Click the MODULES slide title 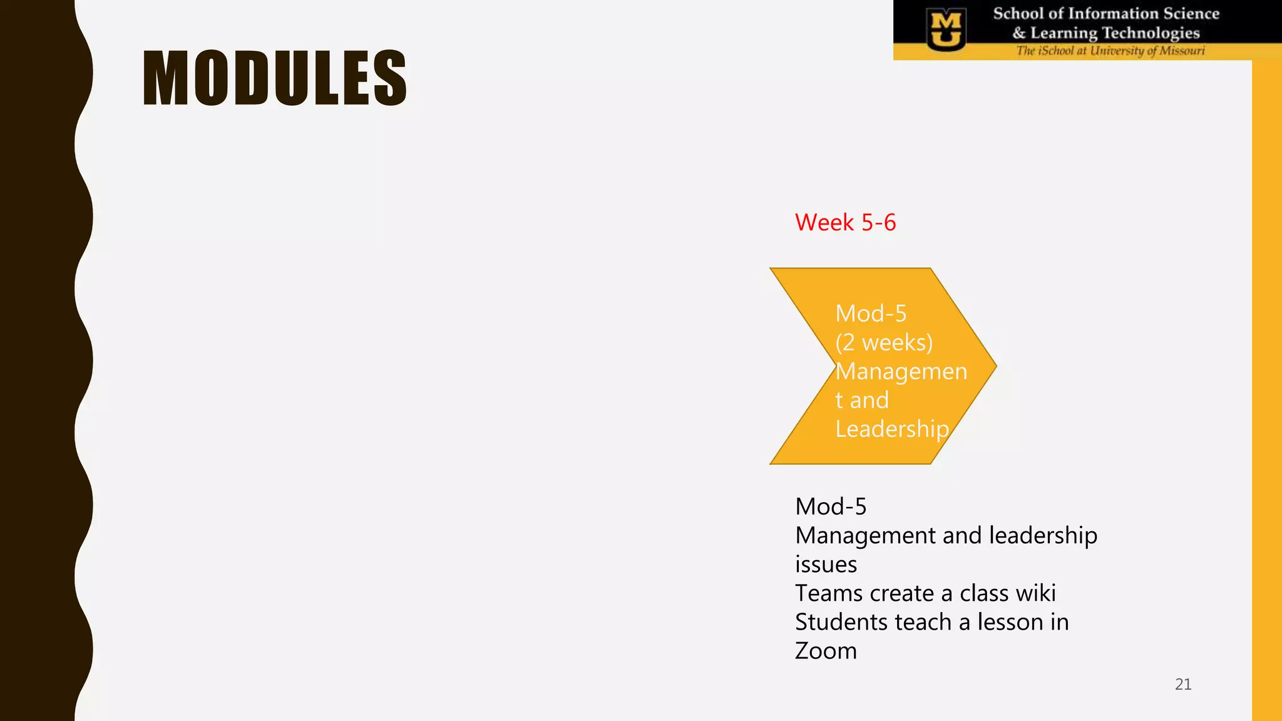coord(275,78)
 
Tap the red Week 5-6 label coord(845,223)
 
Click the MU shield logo coord(946,29)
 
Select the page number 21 coord(1183,684)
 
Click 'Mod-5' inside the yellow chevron coord(871,314)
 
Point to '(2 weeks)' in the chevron coord(884,342)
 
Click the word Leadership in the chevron coord(892,429)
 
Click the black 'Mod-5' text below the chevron coord(831,506)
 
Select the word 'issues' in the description coord(826,565)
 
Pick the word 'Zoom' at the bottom coord(826,651)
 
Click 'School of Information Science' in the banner coord(1106,14)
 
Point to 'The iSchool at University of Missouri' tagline coord(1110,51)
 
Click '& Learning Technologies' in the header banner coord(1106,33)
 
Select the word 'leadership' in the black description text coord(1043,536)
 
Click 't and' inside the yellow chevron coord(862,400)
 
